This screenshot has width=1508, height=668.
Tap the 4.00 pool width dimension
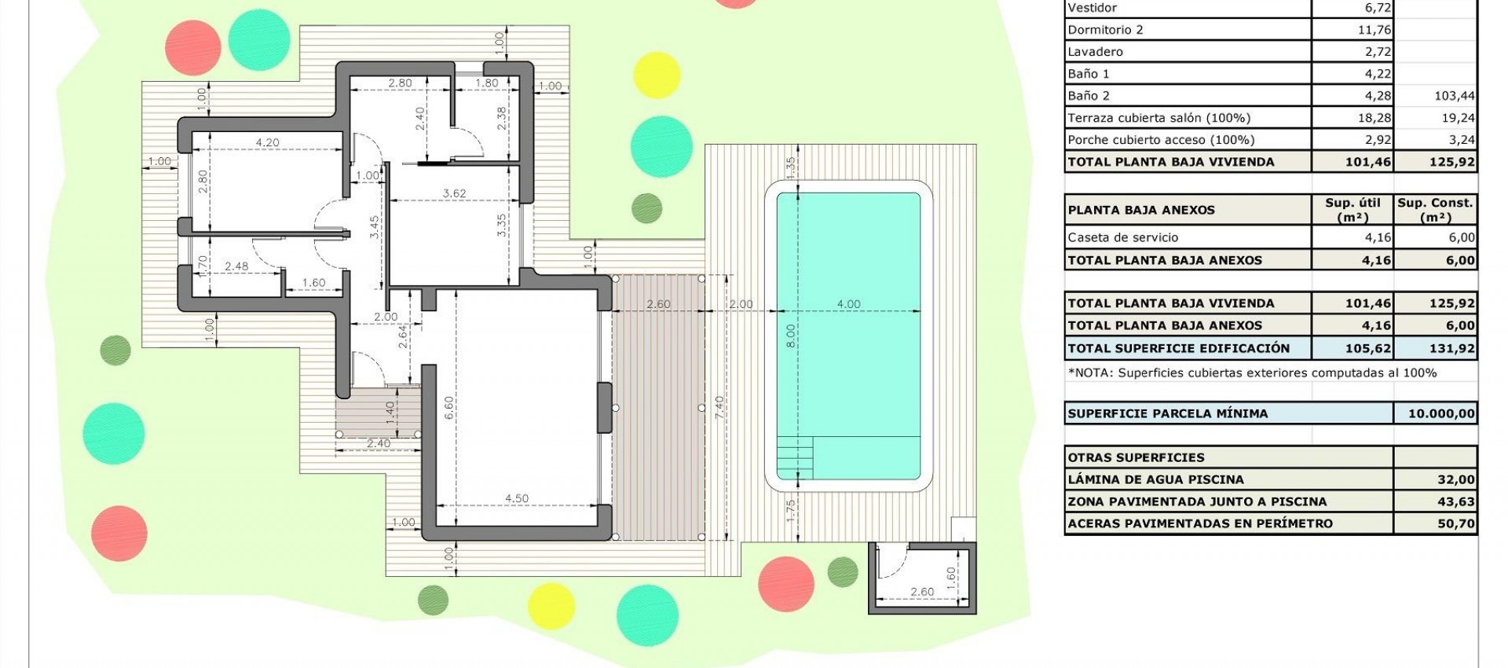point(848,304)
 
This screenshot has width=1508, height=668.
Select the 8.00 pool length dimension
point(791,336)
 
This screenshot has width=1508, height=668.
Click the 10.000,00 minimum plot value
point(1441,413)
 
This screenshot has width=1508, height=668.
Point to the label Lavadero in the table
point(1095,52)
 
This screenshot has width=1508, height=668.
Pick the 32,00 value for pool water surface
point(1455,479)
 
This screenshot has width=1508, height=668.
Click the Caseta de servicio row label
point(1122,237)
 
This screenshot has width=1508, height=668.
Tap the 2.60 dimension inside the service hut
point(922,592)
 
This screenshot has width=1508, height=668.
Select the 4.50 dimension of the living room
point(517,498)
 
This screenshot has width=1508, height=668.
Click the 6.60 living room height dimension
point(448,407)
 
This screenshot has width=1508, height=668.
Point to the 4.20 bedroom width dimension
point(267,142)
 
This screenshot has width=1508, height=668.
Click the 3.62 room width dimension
point(454,193)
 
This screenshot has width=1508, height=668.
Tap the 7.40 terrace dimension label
point(719,407)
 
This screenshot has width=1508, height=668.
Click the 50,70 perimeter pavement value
point(1456,523)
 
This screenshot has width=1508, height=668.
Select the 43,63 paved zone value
point(1456,501)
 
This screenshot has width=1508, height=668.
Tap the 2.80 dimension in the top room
point(400,83)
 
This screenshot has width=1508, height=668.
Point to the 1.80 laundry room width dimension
point(487,83)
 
